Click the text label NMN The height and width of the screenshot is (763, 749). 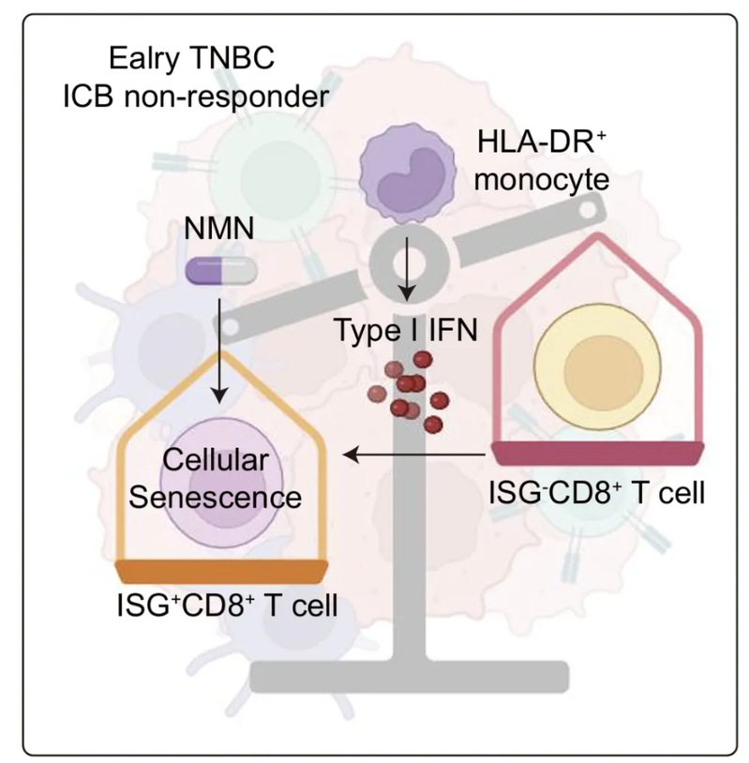point(212,228)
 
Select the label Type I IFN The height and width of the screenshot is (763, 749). point(404,330)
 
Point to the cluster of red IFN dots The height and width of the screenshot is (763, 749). point(411,387)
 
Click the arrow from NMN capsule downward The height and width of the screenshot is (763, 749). point(217,346)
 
